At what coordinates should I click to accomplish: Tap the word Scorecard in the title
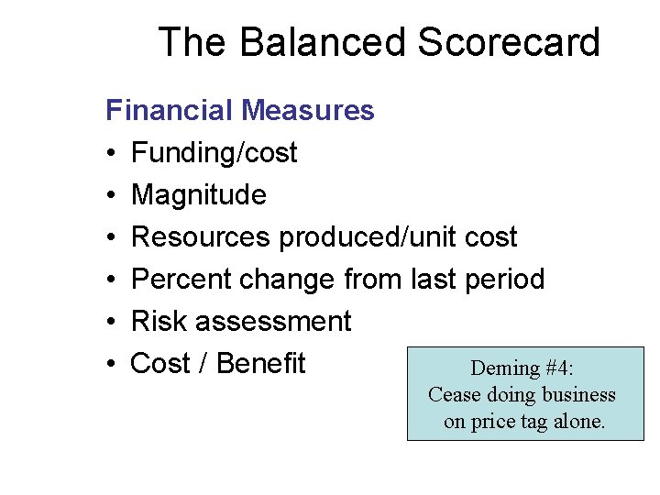(x=509, y=43)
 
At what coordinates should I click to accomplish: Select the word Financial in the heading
(x=170, y=111)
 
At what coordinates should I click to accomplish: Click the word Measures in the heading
(x=307, y=111)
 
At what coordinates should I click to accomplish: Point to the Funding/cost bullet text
(x=214, y=153)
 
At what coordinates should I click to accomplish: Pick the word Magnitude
(x=199, y=195)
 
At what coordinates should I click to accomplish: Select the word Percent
(x=181, y=280)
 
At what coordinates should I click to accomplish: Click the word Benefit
(x=261, y=364)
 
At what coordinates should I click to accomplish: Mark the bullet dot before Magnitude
(x=110, y=196)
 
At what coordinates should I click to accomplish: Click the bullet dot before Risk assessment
(x=110, y=323)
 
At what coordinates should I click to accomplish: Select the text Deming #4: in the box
(x=522, y=368)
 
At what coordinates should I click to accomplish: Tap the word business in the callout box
(x=576, y=395)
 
